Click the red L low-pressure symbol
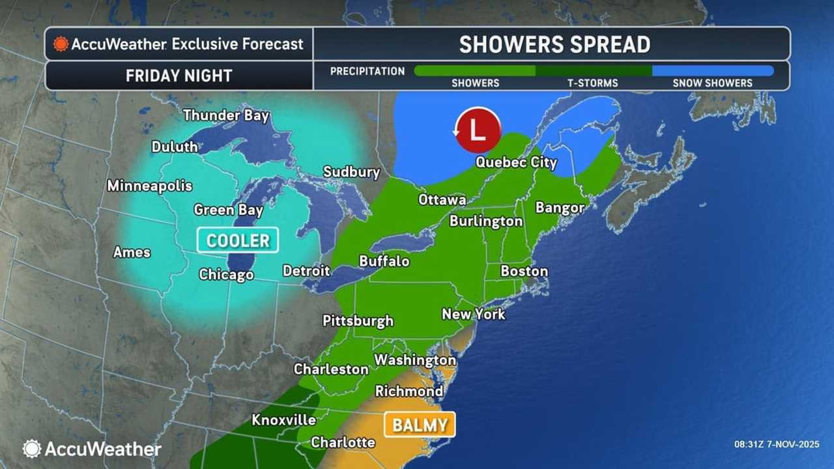tap(478, 130)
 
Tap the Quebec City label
tap(516, 162)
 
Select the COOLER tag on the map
tap(238, 240)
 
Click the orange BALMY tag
tap(420, 425)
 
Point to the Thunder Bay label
tap(225, 115)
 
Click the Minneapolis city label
tap(150, 186)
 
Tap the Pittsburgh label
tap(358, 320)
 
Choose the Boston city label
tap(524, 271)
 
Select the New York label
tap(474, 314)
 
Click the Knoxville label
tap(283, 420)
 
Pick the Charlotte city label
tap(343, 442)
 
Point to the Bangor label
tap(560, 208)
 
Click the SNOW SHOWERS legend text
tap(712, 83)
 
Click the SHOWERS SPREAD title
tap(554, 44)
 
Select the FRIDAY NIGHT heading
tap(179, 76)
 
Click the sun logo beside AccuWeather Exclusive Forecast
tap(61, 44)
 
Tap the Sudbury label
tap(351, 172)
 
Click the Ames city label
tap(132, 252)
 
